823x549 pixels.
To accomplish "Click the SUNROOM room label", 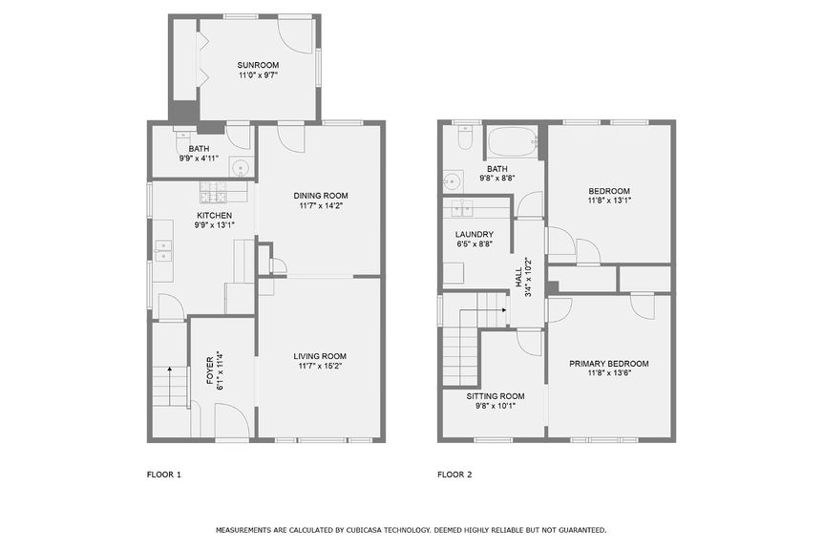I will click(259, 65).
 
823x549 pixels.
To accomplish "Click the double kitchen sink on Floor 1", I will click(163, 250).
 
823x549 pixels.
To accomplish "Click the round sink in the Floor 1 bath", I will click(241, 170).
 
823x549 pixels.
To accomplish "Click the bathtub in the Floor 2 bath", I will click(513, 146).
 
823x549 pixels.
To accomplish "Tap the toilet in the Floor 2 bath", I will click(463, 140).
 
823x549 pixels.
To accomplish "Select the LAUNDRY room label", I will click(474, 234).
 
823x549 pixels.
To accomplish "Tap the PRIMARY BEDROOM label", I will click(608, 363).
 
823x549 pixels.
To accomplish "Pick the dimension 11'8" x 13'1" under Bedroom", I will click(608, 200).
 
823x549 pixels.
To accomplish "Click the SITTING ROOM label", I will click(495, 395).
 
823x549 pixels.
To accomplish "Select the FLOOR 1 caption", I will click(163, 475).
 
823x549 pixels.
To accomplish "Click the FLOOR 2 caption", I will click(454, 475).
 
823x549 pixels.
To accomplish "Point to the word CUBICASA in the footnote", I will click(389, 530).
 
